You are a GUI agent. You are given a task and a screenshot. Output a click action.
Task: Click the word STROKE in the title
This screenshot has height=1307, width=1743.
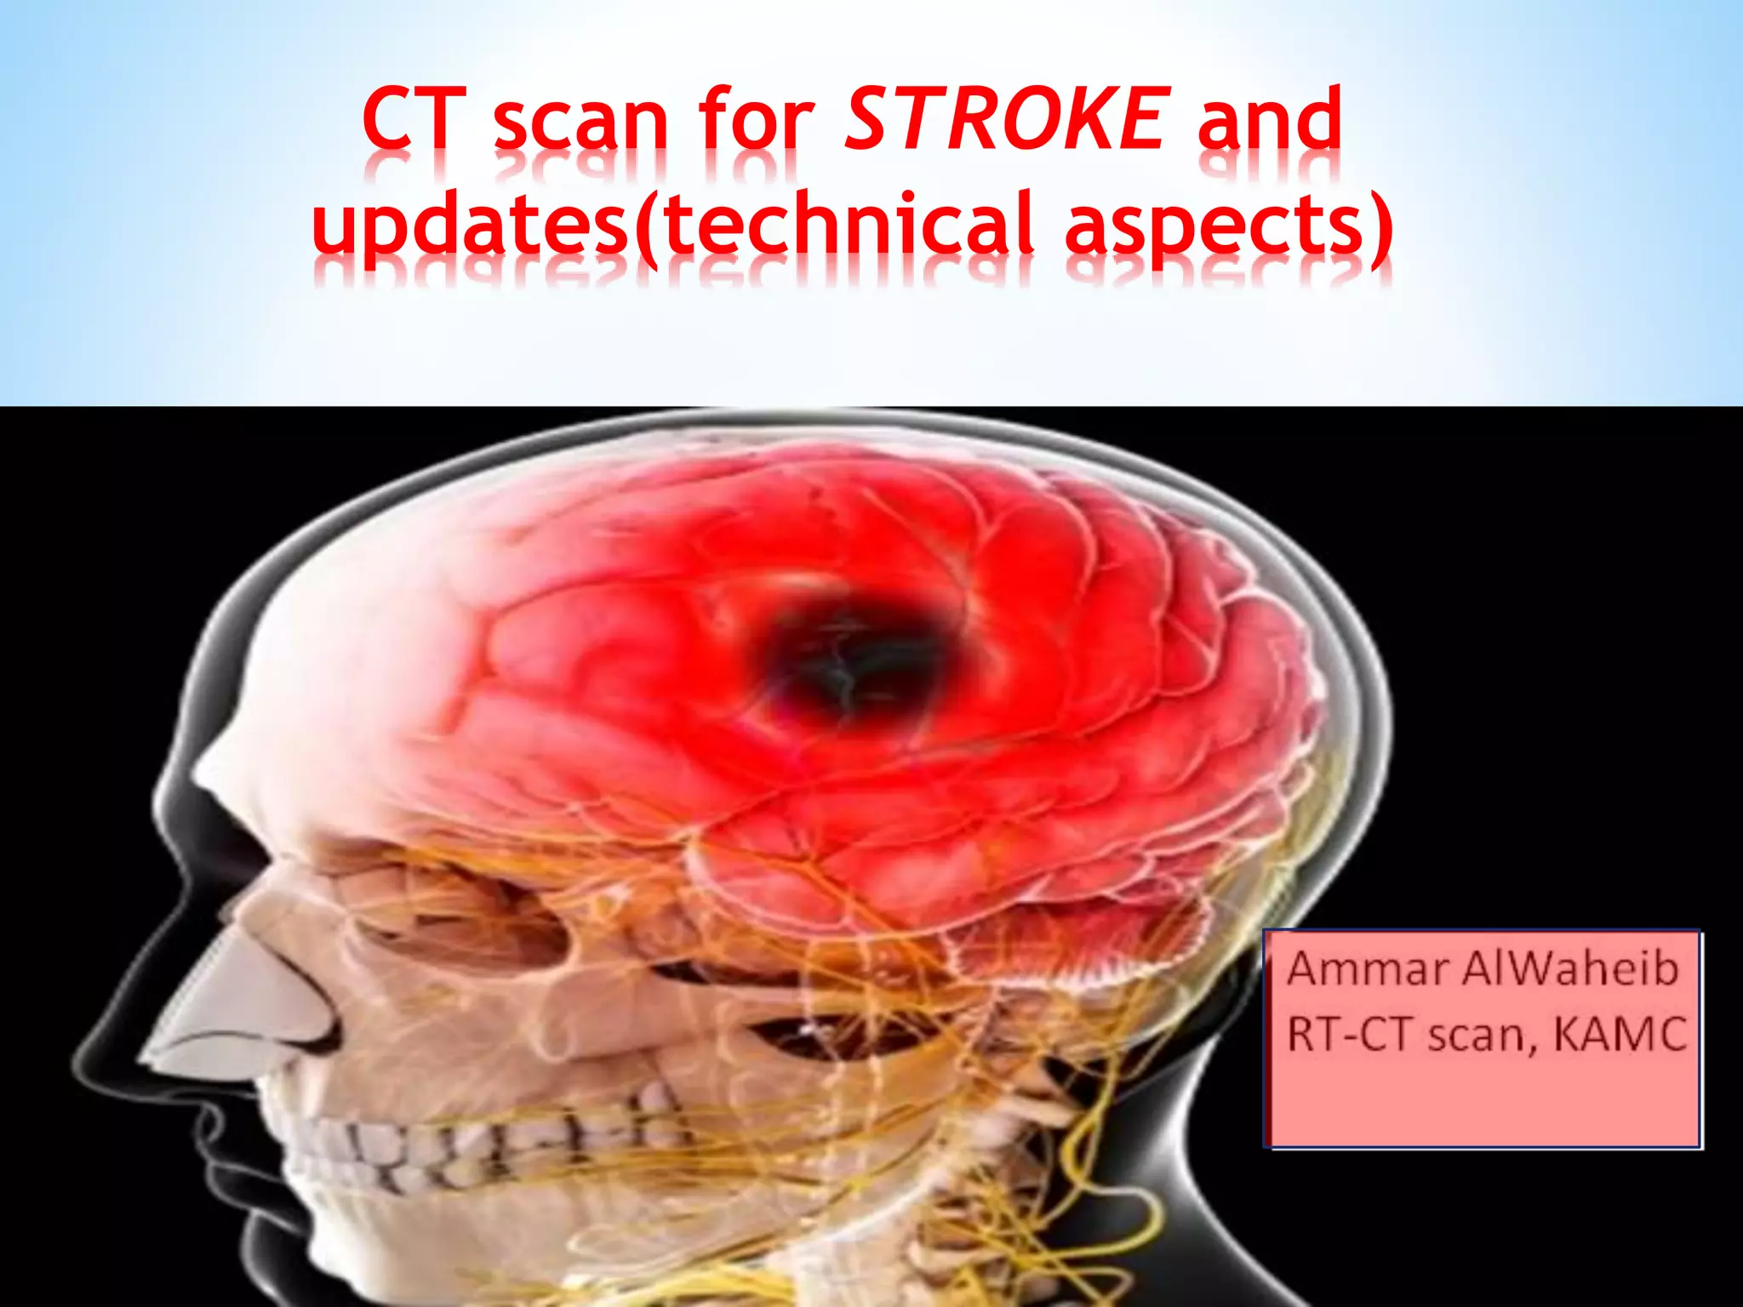[1005, 120]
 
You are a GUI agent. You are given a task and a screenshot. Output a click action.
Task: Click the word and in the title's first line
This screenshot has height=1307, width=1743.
[1268, 120]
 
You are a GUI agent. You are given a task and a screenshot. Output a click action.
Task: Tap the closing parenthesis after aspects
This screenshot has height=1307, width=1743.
[1381, 225]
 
